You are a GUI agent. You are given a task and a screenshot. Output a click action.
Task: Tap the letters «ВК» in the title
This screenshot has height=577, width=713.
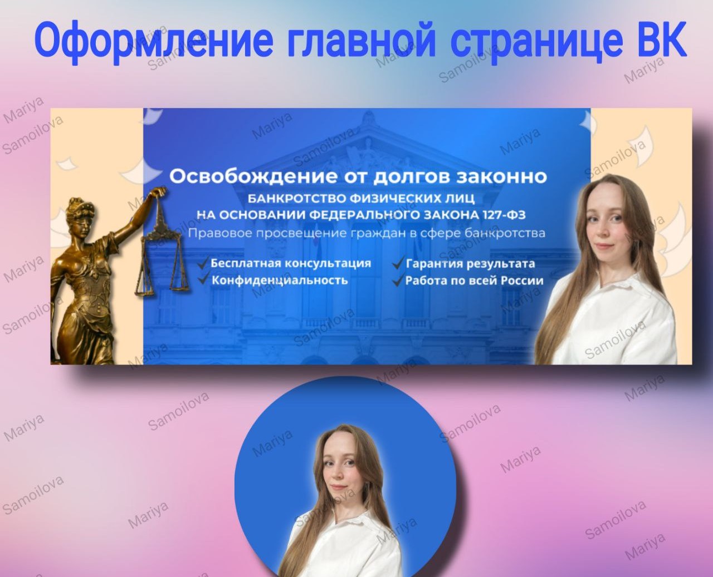click(661, 40)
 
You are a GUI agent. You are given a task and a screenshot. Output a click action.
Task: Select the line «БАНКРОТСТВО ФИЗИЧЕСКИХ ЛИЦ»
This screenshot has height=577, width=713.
click(361, 199)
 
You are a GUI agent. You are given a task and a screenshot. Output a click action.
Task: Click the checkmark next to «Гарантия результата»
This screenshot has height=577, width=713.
click(398, 263)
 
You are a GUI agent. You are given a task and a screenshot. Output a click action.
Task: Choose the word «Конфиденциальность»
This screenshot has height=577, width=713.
click(280, 280)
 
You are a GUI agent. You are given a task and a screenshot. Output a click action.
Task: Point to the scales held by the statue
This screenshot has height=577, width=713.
click(162, 262)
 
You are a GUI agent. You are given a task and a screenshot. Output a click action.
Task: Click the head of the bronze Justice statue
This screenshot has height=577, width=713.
click(78, 210)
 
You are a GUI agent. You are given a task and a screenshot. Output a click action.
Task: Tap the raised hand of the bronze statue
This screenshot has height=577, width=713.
click(161, 192)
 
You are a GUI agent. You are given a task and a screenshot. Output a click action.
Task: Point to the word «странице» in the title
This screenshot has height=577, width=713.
click(536, 40)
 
